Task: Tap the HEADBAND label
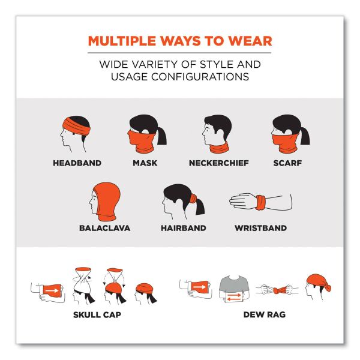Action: click(x=77, y=163)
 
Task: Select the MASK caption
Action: click(x=145, y=163)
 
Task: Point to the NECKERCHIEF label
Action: click(x=219, y=163)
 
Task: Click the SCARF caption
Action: click(x=287, y=163)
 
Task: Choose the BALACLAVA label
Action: click(x=104, y=228)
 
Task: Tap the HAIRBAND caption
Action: click(x=184, y=228)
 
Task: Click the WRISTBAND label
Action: click(x=260, y=228)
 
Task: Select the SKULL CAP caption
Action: click(x=97, y=314)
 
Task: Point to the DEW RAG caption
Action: click(x=265, y=314)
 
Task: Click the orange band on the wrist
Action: click(x=260, y=203)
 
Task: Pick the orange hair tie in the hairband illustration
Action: click(x=193, y=198)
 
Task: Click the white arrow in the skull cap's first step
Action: click(x=52, y=291)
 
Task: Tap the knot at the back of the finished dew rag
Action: click(x=328, y=287)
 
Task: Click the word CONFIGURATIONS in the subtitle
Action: click(x=200, y=77)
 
